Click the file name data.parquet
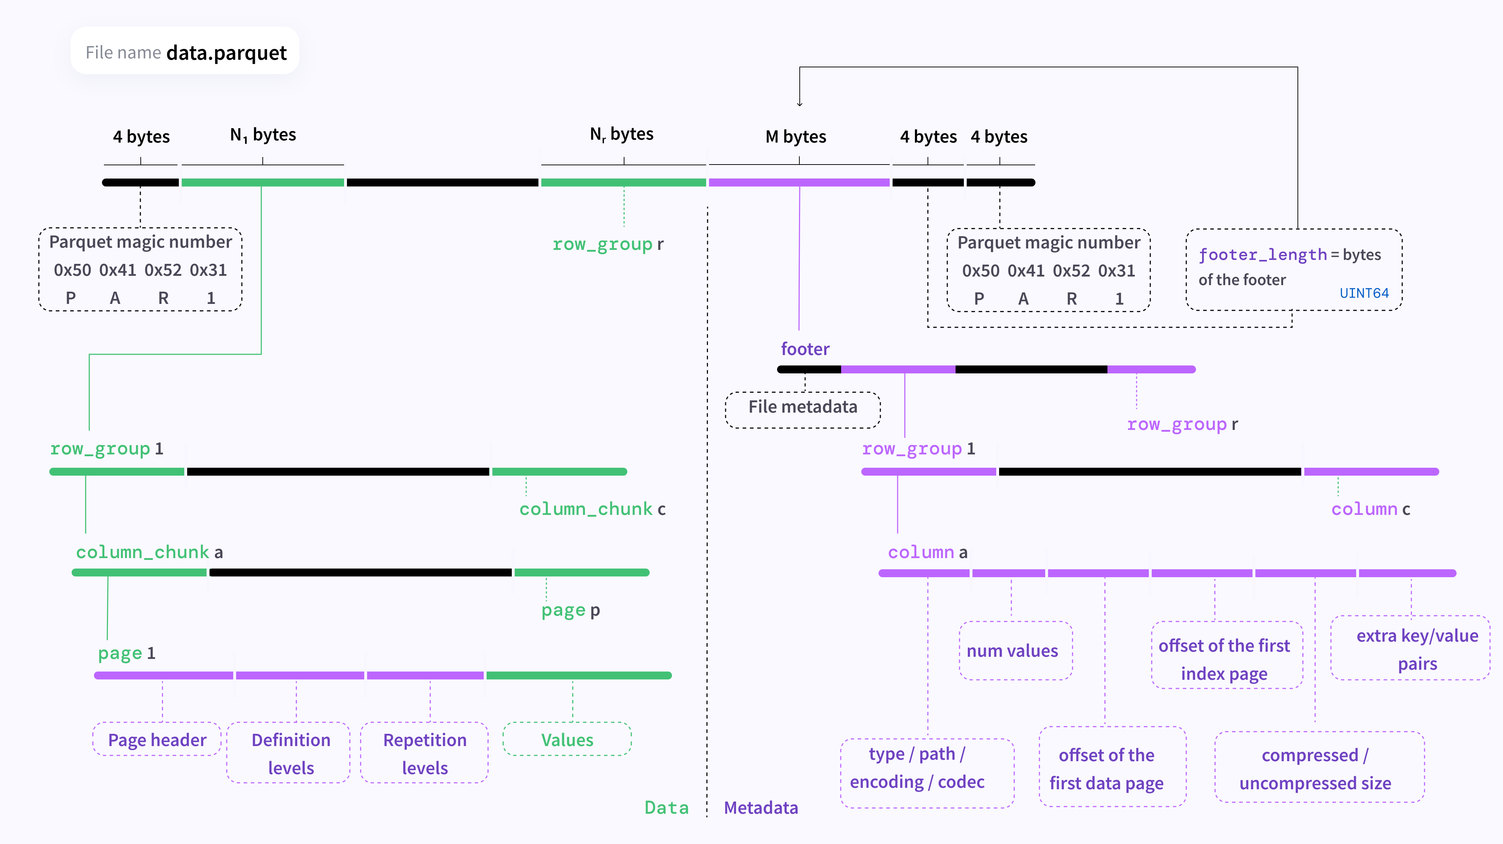point(226,53)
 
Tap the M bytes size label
point(796,136)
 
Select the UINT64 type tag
point(1364,293)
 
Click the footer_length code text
point(1263,255)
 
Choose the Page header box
point(157,740)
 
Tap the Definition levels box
point(290,753)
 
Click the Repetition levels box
point(425,753)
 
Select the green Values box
point(567,740)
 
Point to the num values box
point(1016,651)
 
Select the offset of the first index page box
point(1227,655)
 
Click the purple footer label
point(805,349)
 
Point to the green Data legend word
point(666,808)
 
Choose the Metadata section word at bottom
point(761,808)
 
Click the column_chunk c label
point(592,509)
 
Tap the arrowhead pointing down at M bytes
point(799,104)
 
